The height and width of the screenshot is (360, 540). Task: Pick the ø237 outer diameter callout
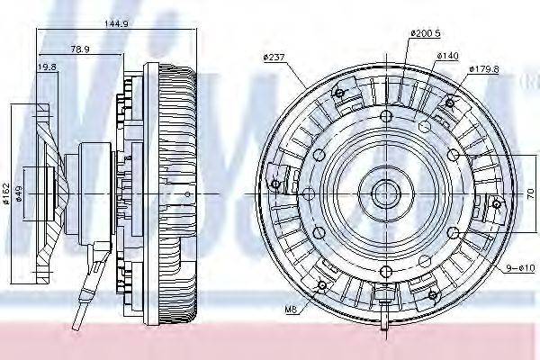(274, 58)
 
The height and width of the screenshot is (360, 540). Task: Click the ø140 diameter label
(448, 56)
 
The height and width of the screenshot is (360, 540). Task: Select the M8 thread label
(291, 310)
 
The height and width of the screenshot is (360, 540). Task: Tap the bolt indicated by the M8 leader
(322, 288)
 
